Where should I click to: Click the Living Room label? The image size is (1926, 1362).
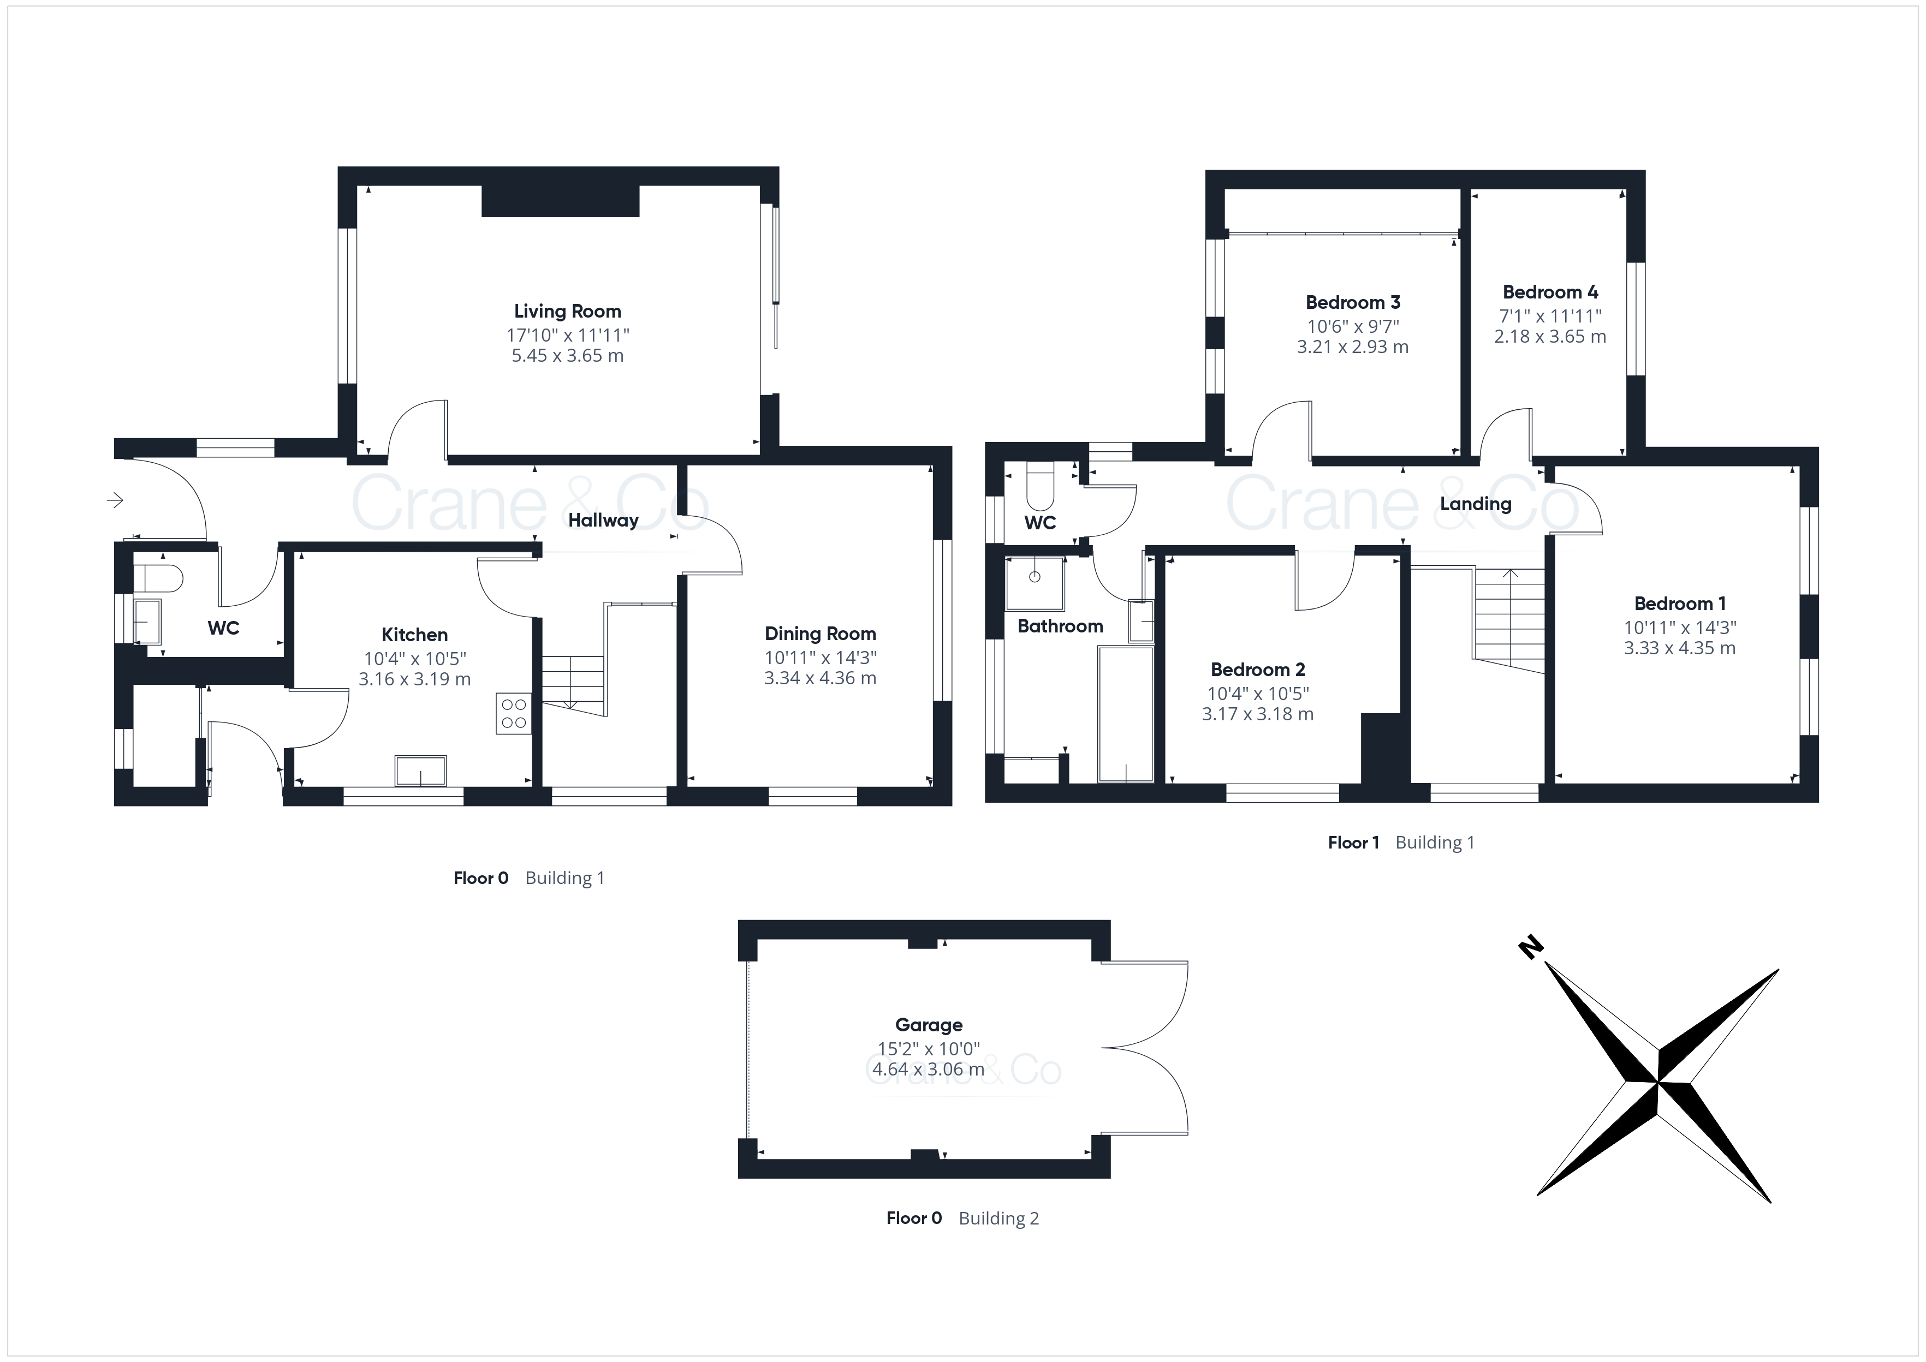click(567, 311)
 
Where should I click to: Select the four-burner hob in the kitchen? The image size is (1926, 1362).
click(513, 713)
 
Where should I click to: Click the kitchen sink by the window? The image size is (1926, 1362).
click(420, 770)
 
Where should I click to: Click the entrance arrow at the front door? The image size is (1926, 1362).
click(116, 501)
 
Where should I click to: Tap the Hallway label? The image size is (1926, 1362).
click(603, 520)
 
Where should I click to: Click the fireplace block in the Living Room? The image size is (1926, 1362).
click(560, 201)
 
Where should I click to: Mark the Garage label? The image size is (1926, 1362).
click(929, 1025)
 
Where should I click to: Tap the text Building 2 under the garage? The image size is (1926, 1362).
click(998, 1218)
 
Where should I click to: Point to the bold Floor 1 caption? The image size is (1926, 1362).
click(1353, 843)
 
